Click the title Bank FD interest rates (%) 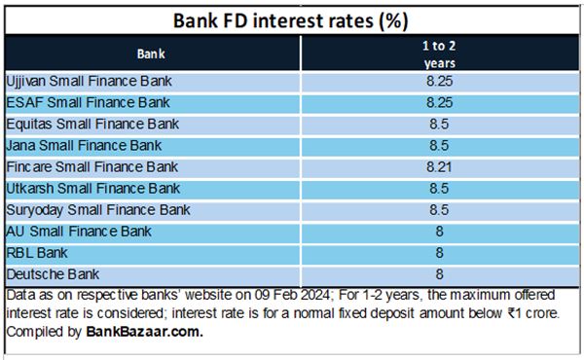point(291,18)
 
